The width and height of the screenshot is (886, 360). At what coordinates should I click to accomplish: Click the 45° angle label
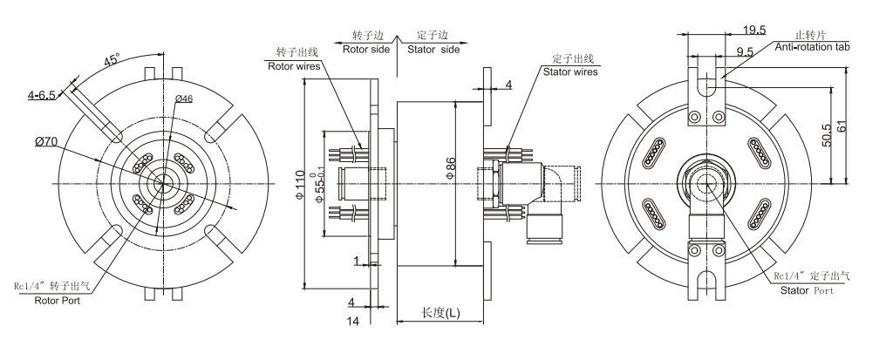click(111, 61)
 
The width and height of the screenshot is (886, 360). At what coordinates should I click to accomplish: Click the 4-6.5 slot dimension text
click(41, 95)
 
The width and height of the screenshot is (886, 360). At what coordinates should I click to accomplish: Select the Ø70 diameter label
click(47, 142)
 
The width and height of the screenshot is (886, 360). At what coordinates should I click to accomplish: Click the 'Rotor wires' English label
click(293, 65)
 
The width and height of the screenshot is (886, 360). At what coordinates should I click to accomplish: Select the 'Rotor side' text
click(365, 50)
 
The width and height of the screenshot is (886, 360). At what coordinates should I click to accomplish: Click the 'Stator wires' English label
click(570, 72)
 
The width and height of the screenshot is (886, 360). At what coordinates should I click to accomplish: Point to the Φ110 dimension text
click(301, 185)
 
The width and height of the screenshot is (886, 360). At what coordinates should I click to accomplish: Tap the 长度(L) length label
click(440, 313)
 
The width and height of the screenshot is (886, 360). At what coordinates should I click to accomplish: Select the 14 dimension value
click(354, 322)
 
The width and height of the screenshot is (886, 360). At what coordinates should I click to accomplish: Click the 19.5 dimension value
click(733, 30)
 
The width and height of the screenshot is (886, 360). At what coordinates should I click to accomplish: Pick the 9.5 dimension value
click(744, 52)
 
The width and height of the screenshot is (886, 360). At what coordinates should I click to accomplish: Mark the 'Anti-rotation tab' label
click(811, 45)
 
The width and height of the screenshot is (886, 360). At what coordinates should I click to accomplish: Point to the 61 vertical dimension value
click(839, 125)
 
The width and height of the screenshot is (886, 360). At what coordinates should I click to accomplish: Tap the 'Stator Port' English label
click(806, 289)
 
